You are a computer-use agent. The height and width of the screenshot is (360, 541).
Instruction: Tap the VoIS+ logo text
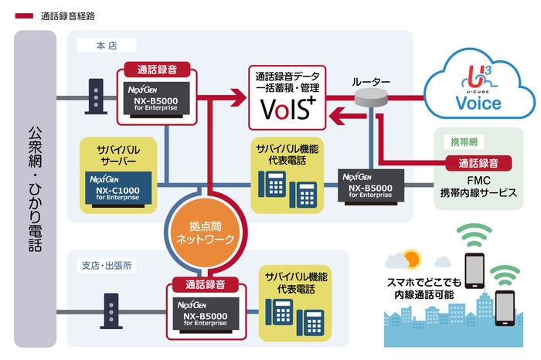pyautogui.click(x=287, y=110)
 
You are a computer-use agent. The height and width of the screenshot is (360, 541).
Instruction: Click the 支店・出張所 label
pyautogui.click(x=107, y=265)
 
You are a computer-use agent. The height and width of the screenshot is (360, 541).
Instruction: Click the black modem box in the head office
pyautogui.click(x=95, y=96)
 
